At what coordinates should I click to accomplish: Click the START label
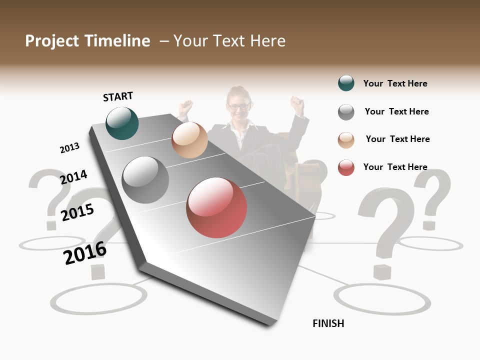[118, 96]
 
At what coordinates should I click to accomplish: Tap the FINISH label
[328, 323]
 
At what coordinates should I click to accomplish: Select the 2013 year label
[69, 148]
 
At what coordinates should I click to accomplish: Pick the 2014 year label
[73, 177]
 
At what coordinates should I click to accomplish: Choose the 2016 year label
[85, 253]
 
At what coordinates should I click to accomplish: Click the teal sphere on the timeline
[122, 123]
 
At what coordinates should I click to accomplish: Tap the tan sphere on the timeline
[189, 140]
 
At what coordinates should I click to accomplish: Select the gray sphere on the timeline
[145, 180]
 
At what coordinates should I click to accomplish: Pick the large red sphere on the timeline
[216, 207]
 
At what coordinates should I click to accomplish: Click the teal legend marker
[346, 83]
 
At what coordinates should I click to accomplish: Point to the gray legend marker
[346, 112]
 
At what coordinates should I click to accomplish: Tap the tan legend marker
[346, 140]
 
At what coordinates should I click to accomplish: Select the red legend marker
[346, 167]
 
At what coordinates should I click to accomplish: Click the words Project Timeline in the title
[87, 41]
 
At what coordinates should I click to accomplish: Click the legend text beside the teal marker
[395, 84]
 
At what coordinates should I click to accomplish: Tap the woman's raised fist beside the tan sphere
[186, 106]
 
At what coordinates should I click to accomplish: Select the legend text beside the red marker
[395, 167]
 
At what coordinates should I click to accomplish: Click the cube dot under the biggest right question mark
[382, 272]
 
